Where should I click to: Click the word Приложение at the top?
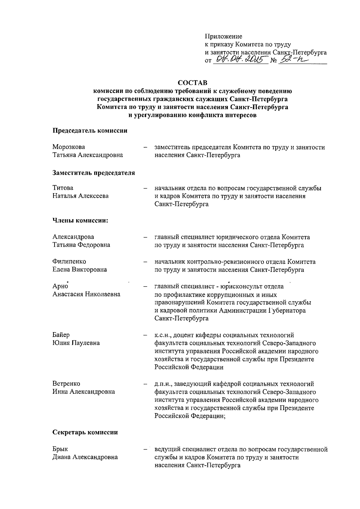click(x=223, y=37)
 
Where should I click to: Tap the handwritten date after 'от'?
click(x=240, y=60)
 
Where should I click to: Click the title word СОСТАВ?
click(x=193, y=82)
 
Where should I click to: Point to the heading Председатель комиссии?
click(x=90, y=131)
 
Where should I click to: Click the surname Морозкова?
click(x=69, y=147)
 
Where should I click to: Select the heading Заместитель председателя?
click(x=94, y=173)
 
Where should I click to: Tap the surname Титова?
click(x=63, y=188)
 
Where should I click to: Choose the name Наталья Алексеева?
click(x=81, y=196)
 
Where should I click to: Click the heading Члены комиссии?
click(x=80, y=221)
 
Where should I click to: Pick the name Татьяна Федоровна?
click(x=81, y=245)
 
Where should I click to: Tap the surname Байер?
click(x=61, y=335)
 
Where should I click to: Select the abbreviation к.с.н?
click(x=162, y=335)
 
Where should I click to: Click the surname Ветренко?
click(x=66, y=384)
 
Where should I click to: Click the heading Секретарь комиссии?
click(x=85, y=432)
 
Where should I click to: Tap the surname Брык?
click(x=60, y=449)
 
